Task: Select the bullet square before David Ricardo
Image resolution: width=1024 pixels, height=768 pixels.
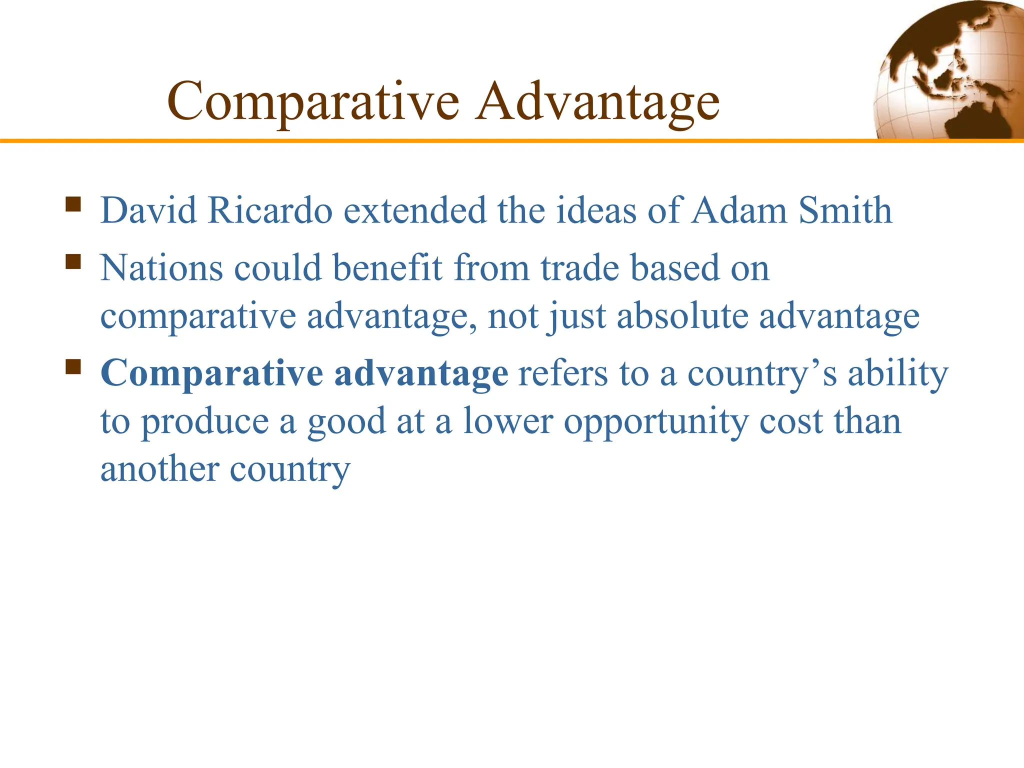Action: [73, 204]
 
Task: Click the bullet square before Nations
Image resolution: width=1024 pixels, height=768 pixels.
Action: [73, 261]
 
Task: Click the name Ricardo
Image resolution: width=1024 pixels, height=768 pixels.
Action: [270, 210]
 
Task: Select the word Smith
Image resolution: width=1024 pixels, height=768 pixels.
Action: [845, 210]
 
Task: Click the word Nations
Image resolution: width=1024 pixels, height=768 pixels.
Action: [161, 268]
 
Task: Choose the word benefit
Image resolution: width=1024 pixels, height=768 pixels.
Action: [387, 268]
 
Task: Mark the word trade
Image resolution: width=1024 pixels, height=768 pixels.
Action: [580, 268]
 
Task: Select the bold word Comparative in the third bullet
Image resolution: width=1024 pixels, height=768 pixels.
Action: [212, 374]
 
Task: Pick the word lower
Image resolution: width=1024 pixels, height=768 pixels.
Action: [508, 421]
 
